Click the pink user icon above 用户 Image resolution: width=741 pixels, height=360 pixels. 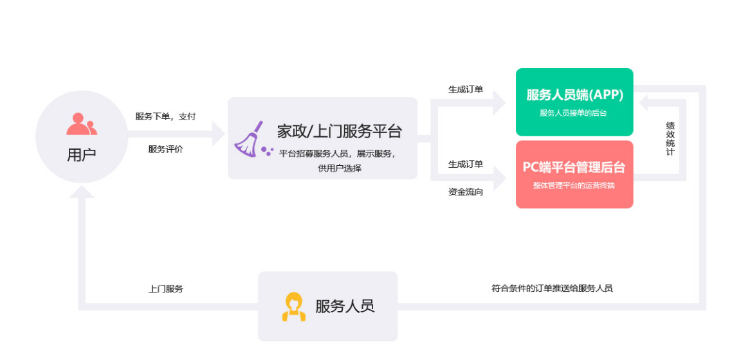[82, 123]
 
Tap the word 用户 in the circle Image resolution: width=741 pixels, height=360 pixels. [81, 154]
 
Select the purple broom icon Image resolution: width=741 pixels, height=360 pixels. [251, 139]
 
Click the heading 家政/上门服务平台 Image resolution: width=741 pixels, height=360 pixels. [339, 131]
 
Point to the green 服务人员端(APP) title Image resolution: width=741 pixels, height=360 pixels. [574, 95]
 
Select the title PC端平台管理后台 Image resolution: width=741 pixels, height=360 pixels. [574, 168]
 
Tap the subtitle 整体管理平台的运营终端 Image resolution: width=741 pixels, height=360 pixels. [574, 186]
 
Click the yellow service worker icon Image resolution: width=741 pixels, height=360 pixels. [294, 307]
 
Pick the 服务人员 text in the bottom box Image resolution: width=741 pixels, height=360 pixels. [345, 306]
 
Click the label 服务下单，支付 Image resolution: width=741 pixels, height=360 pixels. [165, 117]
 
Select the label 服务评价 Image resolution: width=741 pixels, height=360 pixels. [165, 149]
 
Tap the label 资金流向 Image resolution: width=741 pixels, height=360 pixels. [466, 192]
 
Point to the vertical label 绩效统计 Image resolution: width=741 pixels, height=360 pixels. [670, 139]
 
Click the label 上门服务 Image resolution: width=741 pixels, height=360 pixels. [166, 289]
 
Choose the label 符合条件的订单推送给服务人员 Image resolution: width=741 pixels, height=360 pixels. [552, 288]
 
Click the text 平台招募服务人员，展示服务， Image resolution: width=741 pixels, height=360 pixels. [338, 154]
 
